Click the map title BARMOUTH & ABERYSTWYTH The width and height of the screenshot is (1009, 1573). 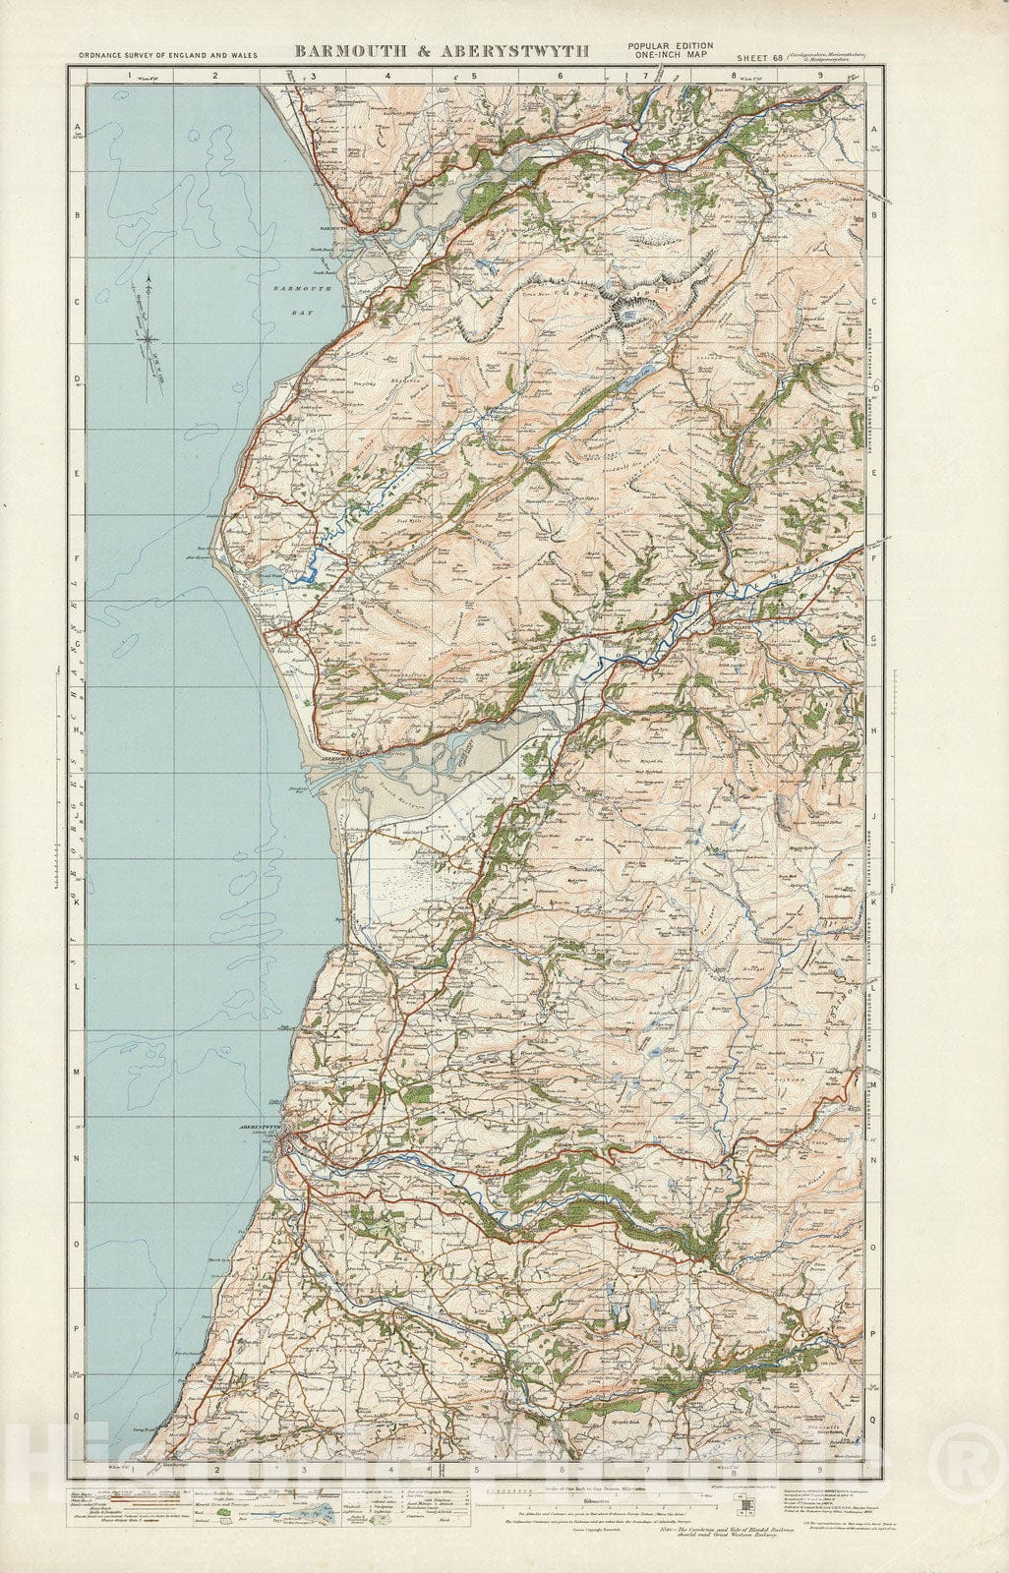click(x=441, y=52)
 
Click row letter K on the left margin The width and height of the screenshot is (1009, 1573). click(x=77, y=906)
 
